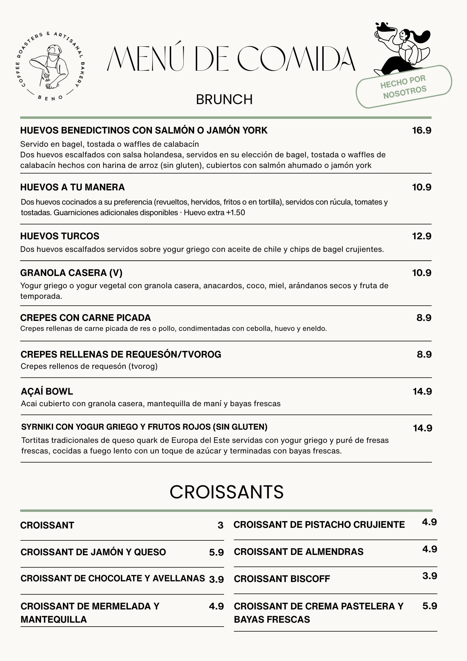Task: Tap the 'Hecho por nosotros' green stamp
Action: pos(404,87)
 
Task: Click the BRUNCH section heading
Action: pos(224,99)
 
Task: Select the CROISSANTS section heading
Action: pos(227,492)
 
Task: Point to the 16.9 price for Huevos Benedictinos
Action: pos(422,131)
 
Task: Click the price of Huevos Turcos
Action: pos(422,236)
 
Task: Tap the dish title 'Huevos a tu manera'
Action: pos(73,187)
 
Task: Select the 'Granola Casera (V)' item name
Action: pos(71,273)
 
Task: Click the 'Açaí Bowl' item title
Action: pos(47,392)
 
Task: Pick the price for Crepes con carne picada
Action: pos(424,318)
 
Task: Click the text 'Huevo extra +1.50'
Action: pos(214,213)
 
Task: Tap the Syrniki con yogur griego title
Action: pos(144,427)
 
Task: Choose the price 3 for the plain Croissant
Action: pos(220,525)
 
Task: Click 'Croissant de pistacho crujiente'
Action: pos(319,525)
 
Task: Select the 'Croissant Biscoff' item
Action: pos(282,579)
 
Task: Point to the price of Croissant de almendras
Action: pos(429,549)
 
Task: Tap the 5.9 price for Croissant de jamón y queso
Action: pos(216,552)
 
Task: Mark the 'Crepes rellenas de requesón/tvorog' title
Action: pos(121,355)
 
